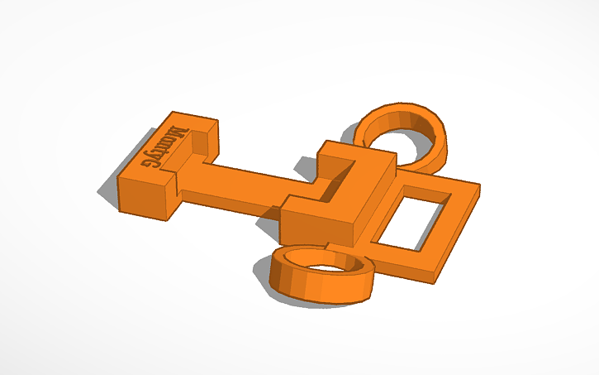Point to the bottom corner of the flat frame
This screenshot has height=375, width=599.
click(435, 281)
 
